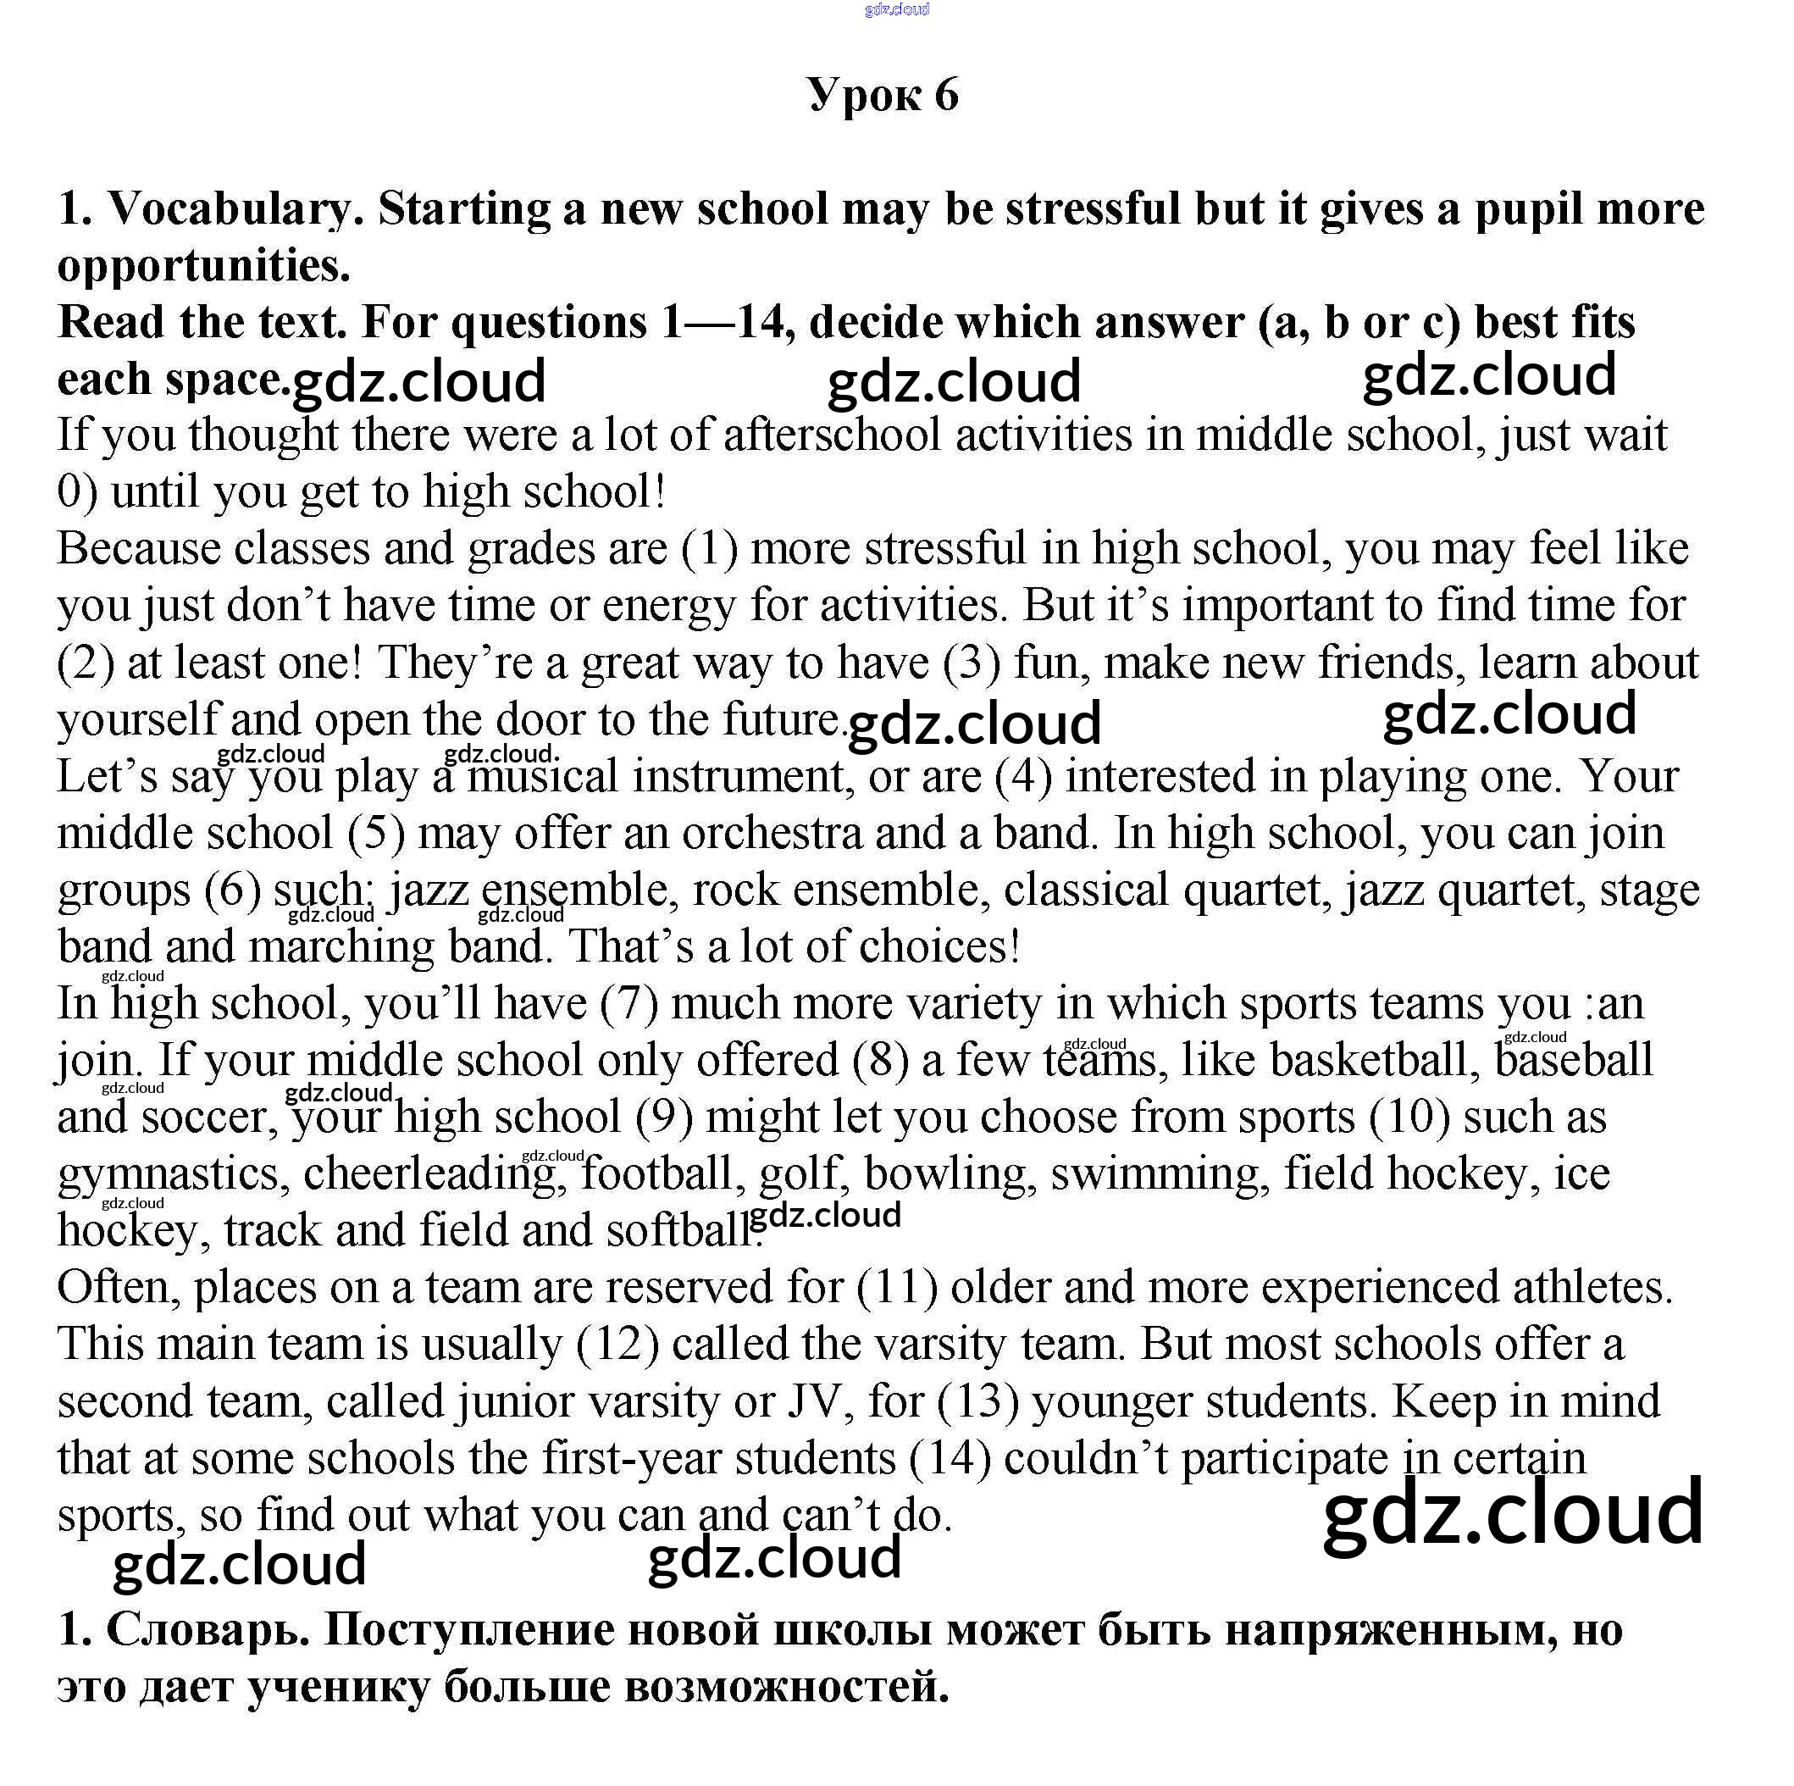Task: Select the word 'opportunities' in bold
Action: [203, 266]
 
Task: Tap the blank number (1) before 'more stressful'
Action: [710, 549]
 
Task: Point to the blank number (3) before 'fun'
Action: [972, 663]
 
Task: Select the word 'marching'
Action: [341, 946]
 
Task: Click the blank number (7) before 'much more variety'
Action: [628, 1004]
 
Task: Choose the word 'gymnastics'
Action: [168, 1174]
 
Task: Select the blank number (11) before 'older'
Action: [897, 1287]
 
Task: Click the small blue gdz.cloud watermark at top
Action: [896, 10]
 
